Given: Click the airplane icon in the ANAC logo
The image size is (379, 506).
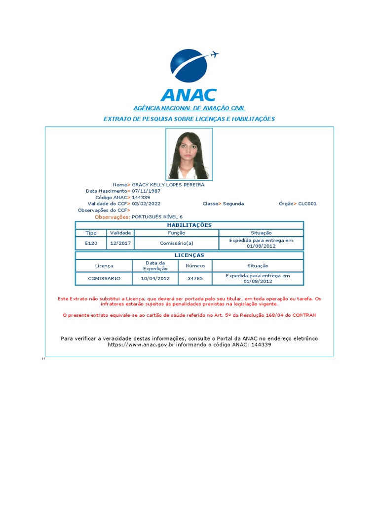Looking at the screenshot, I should [214, 54].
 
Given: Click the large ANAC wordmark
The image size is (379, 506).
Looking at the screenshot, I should [189, 95].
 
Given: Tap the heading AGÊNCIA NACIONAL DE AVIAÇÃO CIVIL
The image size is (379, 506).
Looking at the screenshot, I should [189, 108].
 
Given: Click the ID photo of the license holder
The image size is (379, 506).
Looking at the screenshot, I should [189, 154].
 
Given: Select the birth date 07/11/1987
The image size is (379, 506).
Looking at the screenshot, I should [146, 191].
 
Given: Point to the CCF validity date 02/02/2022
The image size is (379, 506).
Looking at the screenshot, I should [146, 204].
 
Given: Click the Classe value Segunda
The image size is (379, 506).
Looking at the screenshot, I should [233, 204].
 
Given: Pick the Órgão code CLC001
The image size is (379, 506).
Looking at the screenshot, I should [307, 204].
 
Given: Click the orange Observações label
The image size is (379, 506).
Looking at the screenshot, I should [113, 217].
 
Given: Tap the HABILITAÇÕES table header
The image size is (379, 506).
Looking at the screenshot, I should [189, 225].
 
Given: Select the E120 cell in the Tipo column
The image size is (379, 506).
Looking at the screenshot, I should [91, 243].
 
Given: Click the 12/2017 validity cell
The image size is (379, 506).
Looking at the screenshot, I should [120, 243].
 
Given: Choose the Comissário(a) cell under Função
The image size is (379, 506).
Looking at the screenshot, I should [177, 243].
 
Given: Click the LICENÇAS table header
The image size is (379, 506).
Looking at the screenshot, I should [189, 255].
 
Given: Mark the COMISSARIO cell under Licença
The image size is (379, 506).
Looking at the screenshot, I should [104, 279].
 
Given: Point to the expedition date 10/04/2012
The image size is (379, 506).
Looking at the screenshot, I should [155, 279].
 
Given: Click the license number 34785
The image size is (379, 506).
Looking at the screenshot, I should [195, 279].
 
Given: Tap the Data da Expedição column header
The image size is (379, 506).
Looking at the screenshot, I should [155, 266].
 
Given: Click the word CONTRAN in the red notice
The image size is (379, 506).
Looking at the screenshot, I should [304, 315].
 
